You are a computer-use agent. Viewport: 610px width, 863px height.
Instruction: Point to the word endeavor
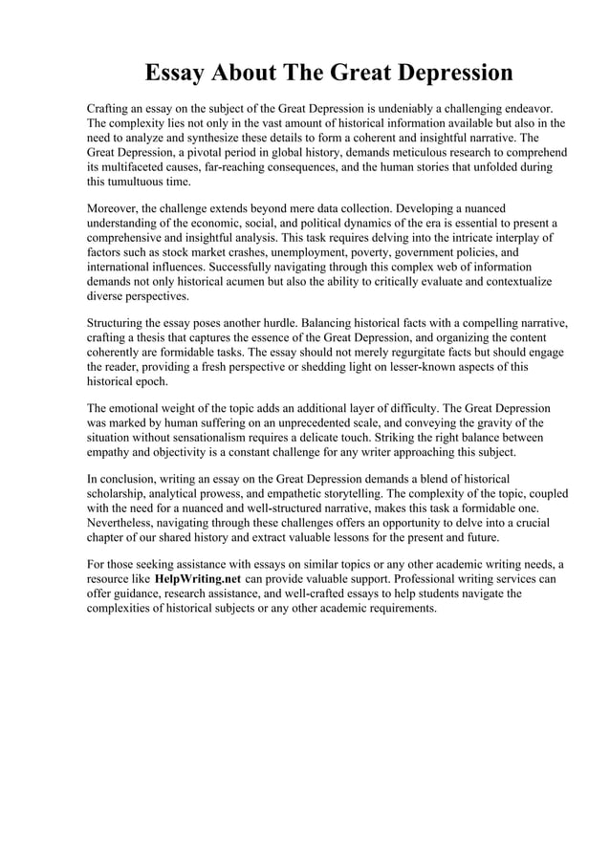click(x=534, y=108)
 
